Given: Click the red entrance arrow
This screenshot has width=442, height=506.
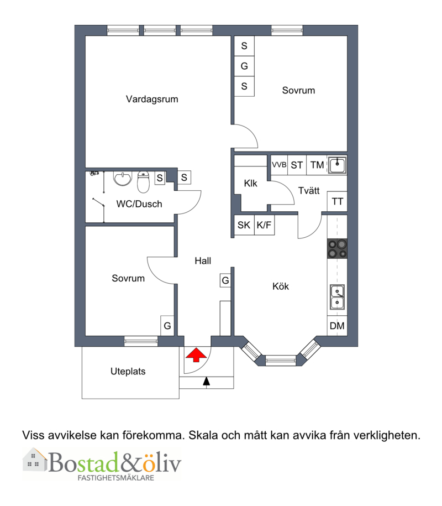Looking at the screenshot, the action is coord(196,354).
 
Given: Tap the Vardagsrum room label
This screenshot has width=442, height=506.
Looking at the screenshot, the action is coord(152,99).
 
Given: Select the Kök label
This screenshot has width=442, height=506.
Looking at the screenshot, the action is coord(281,286).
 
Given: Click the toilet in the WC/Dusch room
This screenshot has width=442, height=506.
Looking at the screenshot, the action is coord(143,182).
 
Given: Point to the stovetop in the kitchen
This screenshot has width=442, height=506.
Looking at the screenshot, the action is coord(337,248).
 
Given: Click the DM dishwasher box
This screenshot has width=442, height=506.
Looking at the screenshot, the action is coord(337,326).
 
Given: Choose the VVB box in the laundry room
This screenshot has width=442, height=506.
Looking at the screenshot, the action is coord(279,165).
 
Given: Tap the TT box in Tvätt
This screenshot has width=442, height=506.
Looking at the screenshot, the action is coord(337,202).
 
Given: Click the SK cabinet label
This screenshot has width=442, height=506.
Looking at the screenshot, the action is coord(244,225).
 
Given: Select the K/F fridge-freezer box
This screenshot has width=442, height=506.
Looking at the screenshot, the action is coord(264,225).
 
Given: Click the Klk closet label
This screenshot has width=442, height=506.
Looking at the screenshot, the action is coord(250,183).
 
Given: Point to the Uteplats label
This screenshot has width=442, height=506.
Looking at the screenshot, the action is coord(128,372).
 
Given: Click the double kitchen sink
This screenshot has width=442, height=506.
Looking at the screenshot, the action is coord(337,297).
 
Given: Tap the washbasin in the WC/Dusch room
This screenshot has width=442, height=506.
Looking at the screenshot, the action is coord(123,179).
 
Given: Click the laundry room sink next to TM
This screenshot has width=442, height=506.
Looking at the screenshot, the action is coord(337,165).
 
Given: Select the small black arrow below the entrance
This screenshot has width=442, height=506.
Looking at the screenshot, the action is coord(206,381).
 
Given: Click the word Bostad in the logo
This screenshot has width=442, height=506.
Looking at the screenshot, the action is coord(84,462).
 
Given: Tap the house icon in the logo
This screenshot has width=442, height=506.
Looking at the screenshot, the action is coord(35,460).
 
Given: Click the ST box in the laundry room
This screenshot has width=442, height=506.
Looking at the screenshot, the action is coord(297,165).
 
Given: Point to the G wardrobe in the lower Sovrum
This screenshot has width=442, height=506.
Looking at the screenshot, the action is coord(167,326).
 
